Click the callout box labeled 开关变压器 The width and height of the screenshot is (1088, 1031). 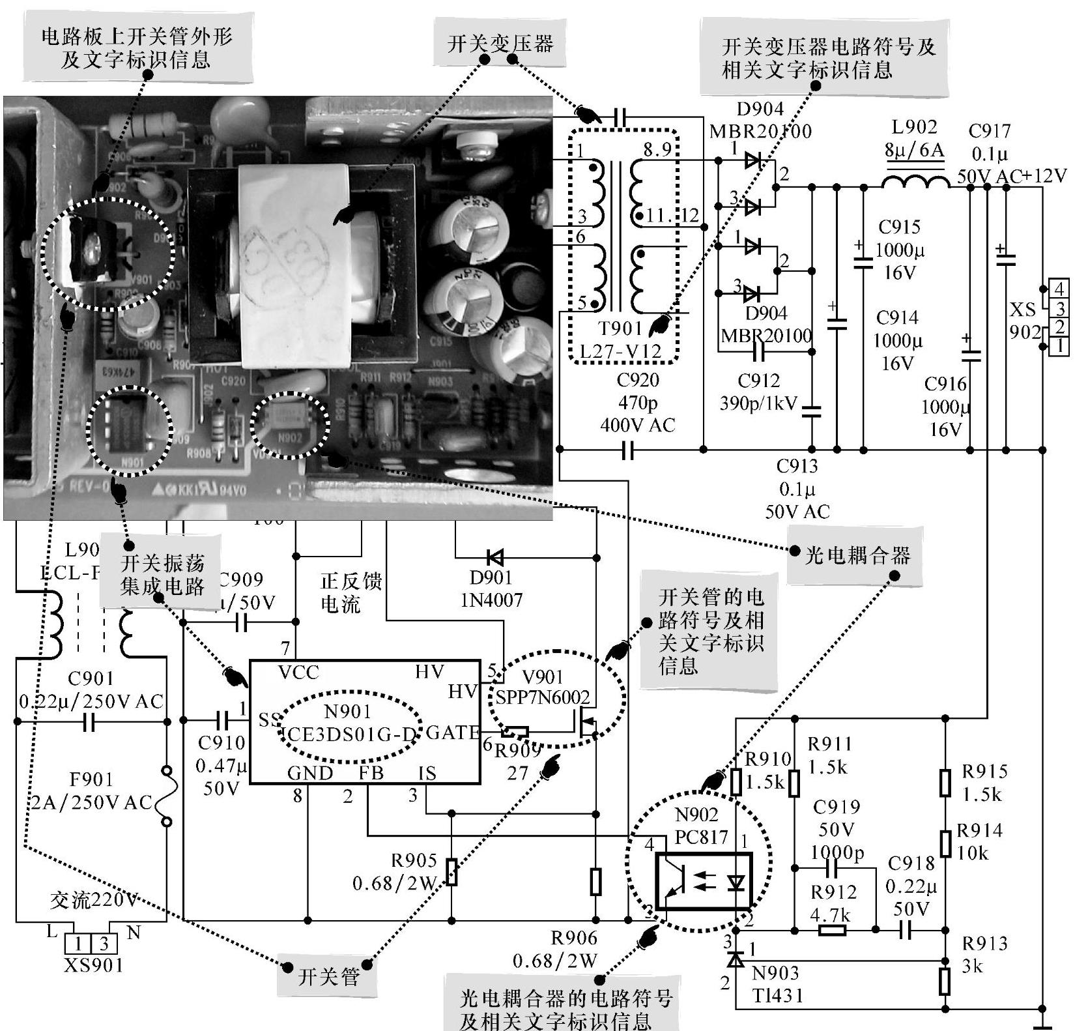coord(500,44)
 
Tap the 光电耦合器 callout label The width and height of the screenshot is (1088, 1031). coord(857,555)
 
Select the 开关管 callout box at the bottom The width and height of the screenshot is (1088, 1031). coord(328,976)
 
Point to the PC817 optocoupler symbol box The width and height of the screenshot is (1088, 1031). coord(703,880)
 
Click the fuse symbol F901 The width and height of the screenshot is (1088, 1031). coord(167,796)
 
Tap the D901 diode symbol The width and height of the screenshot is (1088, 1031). coord(495,557)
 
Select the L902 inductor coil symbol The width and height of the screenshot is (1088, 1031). coord(915,181)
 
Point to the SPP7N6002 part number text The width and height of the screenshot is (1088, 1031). coord(542,697)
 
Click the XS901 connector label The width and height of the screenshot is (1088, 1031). coord(93,965)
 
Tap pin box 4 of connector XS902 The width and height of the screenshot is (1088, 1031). coord(1059,288)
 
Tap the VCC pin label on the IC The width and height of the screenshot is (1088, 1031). coord(298,672)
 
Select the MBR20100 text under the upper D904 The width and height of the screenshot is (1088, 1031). coord(760,131)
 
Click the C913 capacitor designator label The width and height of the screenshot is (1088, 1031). coord(796,466)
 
